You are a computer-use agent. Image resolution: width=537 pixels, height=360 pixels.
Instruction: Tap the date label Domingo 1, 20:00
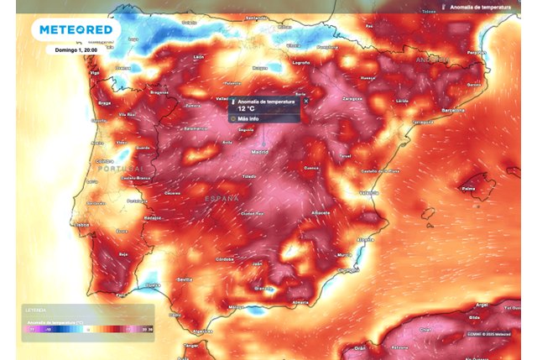[76, 50]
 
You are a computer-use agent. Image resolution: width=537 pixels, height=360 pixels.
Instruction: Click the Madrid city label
[260, 152]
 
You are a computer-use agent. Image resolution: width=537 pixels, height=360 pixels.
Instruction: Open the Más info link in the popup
[249, 119]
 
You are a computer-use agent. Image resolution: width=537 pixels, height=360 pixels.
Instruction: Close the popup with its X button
[305, 101]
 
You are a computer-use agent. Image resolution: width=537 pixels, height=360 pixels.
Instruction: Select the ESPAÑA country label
[222, 197]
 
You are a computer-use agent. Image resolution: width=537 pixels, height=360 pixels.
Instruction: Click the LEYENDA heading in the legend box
[36, 309]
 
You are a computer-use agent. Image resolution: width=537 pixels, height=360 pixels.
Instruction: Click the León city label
[199, 57]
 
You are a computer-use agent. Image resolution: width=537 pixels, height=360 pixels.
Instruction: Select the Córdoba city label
[223, 259]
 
